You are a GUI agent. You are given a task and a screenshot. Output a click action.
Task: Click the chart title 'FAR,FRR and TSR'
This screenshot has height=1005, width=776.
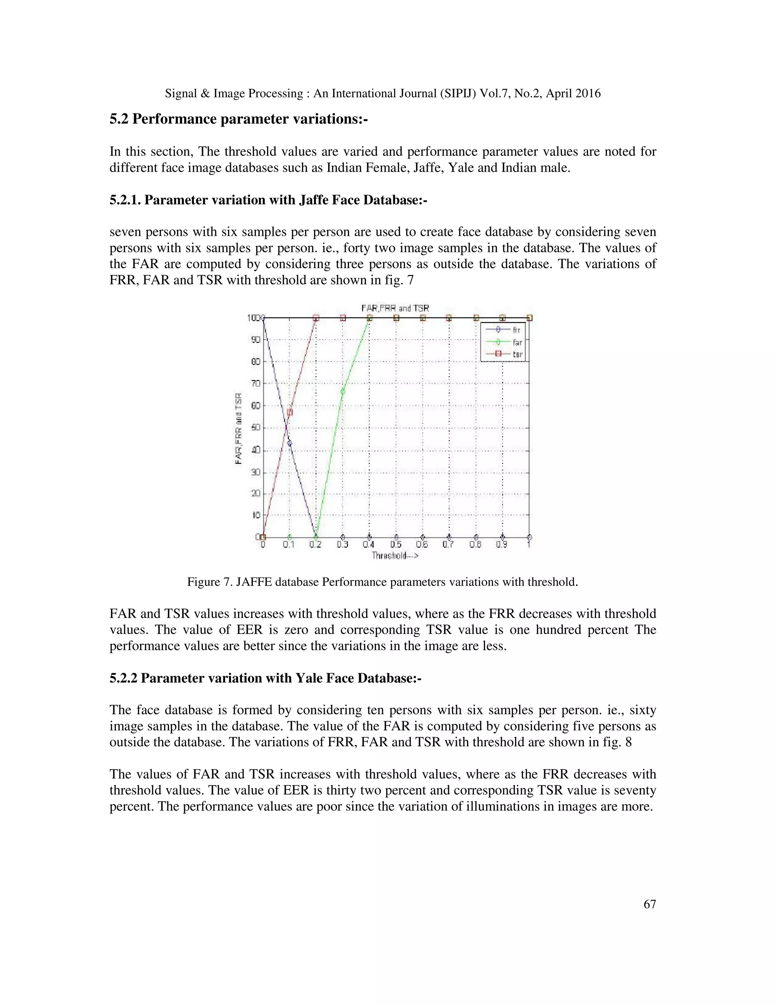click(x=395, y=308)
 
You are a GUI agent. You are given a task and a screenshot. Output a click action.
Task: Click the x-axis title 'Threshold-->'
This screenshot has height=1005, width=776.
click(x=395, y=556)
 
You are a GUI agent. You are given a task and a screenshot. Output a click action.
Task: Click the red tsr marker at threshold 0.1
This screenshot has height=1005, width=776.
click(x=289, y=412)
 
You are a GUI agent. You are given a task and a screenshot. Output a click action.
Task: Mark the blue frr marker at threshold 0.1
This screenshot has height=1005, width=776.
click(x=289, y=443)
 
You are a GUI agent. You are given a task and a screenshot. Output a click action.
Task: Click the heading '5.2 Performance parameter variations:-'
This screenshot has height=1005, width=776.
click(x=239, y=119)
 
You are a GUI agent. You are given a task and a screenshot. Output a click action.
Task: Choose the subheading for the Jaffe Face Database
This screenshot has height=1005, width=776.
click(x=268, y=200)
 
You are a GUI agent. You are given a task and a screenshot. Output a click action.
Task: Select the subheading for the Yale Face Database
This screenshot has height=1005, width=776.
click(x=265, y=678)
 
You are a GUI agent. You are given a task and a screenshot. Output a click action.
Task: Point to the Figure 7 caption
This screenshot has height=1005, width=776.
click(x=382, y=582)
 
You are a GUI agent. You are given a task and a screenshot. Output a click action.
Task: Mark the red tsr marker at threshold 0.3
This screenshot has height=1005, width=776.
click(x=343, y=318)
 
